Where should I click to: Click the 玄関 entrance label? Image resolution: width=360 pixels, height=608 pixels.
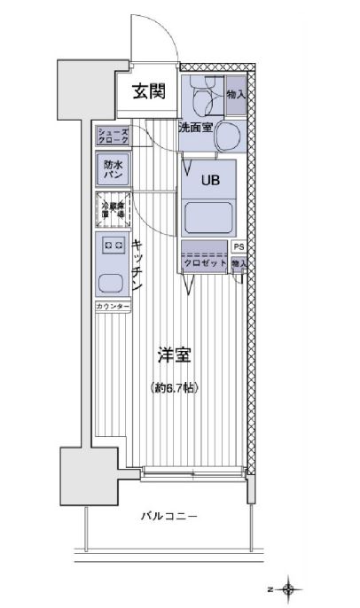coord(149,90)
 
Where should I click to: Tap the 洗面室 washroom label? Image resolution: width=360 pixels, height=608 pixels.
coord(194,128)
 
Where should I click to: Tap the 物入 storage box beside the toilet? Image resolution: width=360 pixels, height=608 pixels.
coord(235,95)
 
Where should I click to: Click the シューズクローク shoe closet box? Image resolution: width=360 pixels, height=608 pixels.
coord(113,136)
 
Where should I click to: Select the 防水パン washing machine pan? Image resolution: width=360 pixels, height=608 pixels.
coord(113,170)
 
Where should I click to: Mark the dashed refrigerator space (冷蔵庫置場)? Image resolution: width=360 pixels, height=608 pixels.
coord(113,211)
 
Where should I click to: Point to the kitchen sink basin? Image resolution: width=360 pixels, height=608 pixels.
coord(113,284)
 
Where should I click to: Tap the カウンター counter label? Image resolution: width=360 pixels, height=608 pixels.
coord(113,307)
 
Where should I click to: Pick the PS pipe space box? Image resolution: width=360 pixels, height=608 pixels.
coord(239,247)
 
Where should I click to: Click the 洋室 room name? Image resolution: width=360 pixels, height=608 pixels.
coord(175,355)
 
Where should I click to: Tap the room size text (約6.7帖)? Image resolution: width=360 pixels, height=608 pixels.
coord(174,388)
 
